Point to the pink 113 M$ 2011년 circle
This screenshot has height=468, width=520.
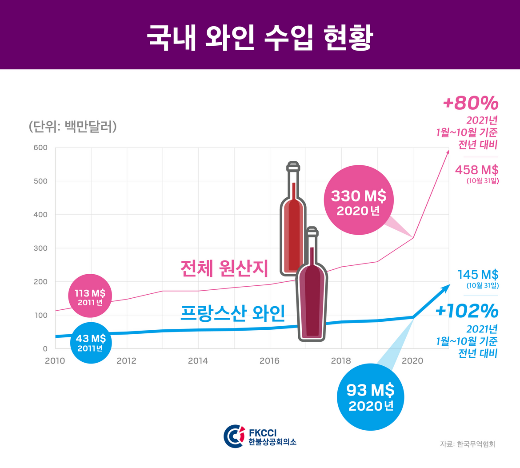pyautogui.click(x=90, y=296)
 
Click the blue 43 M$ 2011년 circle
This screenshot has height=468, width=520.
pyautogui.click(x=90, y=342)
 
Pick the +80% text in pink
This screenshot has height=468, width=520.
pyautogui.click(x=471, y=104)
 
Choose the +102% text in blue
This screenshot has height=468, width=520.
pyautogui.click(x=467, y=311)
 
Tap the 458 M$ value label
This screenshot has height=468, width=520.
pyautogui.click(x=476, y=169)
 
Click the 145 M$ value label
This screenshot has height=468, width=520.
pyautogui.click(x=478, y=274)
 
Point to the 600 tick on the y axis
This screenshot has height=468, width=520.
pyautogui.click(x=40, y=148)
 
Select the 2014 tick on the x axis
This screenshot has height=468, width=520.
pyautogui.click(x=198, y=361)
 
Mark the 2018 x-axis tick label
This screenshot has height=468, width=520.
pyautogui.click(x=341, y=361)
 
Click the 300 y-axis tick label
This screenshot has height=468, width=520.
pyautogui.click(x=40, y=248)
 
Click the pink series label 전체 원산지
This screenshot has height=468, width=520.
pyautogui.click(x=224, y=268)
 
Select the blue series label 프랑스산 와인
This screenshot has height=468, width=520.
pyautogui.click(x=232, y=313)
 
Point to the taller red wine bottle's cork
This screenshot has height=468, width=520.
pyautogui.click(x=292, y=166)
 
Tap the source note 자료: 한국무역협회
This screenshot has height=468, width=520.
pyautogui.click(x=467, y=444)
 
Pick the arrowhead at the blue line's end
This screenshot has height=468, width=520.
pyautogui.click(x=445, y=288)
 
